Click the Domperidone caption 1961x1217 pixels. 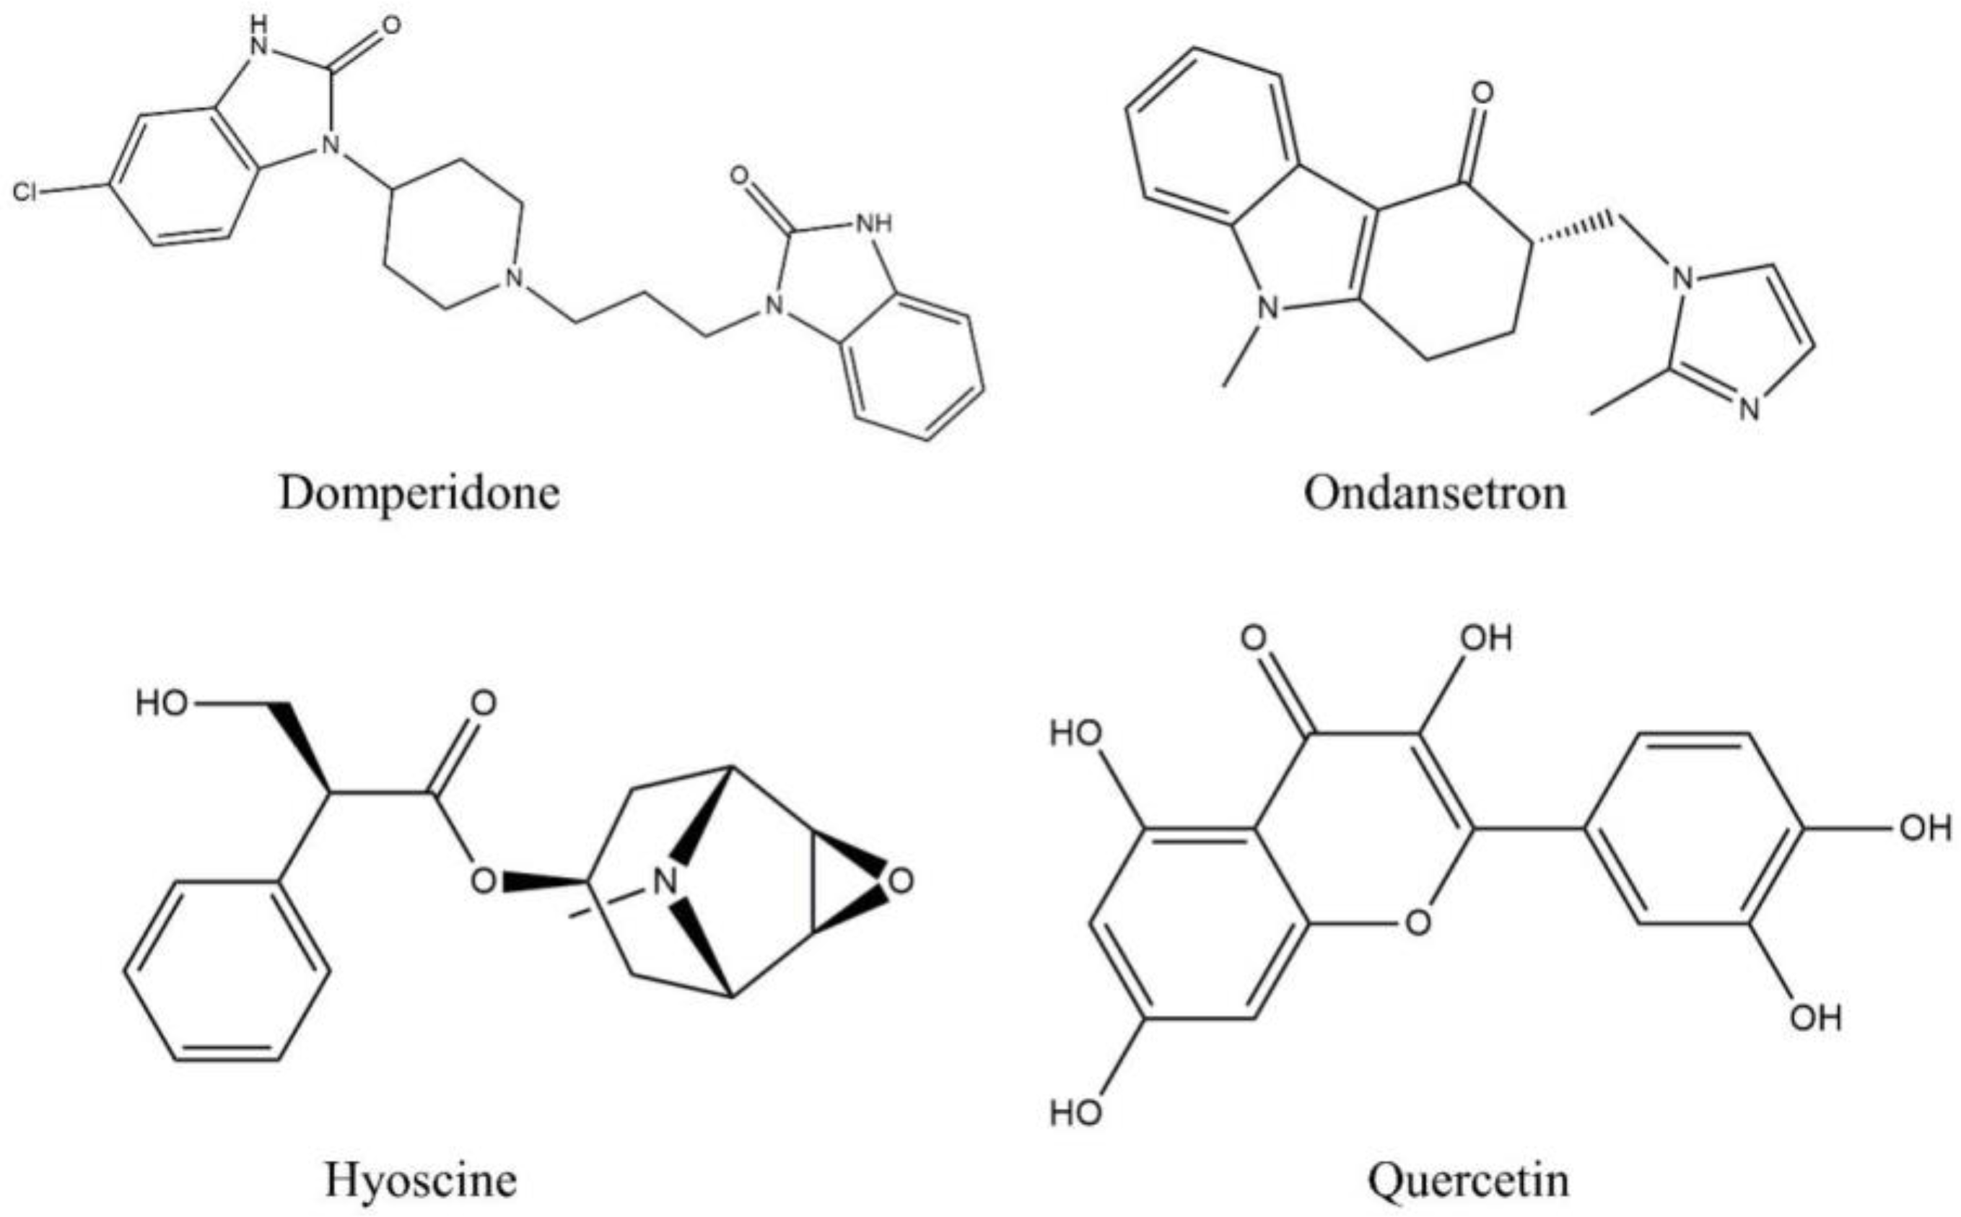419,492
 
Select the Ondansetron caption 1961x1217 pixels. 1435,492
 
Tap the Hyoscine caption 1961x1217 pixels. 420,1181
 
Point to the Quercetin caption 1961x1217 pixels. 1468,1181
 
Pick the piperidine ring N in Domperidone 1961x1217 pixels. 512,279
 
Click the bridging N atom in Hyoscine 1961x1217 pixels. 664,882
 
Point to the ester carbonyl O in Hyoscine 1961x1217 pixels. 483,705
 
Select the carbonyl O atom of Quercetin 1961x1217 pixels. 1253,639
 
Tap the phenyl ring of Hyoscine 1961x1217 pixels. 227,972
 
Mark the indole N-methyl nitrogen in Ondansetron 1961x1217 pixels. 1268,307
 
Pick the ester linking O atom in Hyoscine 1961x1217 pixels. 483,881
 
